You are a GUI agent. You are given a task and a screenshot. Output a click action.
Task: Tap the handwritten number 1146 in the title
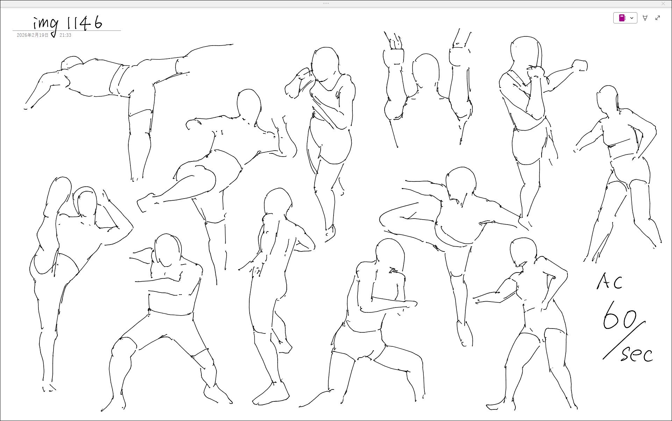tap(84, 22)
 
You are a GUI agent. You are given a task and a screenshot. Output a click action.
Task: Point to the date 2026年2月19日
tap(33, 35)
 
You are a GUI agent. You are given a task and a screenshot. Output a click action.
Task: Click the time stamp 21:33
tap(65, 35)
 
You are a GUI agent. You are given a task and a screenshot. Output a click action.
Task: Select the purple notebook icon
tap(622, 18)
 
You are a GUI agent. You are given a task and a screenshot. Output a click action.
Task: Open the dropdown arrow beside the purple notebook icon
tap(632, 18)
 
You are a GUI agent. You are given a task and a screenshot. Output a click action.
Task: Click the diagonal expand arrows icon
tap(658, 18)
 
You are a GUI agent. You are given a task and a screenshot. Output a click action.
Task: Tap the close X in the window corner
tap(663, 4)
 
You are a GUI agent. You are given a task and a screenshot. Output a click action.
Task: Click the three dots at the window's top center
tap(326, 4)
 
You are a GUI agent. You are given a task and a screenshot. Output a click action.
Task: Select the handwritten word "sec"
tap(637, 354)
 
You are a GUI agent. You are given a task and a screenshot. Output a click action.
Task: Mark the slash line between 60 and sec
tap(624, 340)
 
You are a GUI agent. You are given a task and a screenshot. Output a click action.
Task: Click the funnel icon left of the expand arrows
tap(645, 18)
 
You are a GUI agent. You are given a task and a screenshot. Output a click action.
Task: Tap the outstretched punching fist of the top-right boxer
tap(580, 65)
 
